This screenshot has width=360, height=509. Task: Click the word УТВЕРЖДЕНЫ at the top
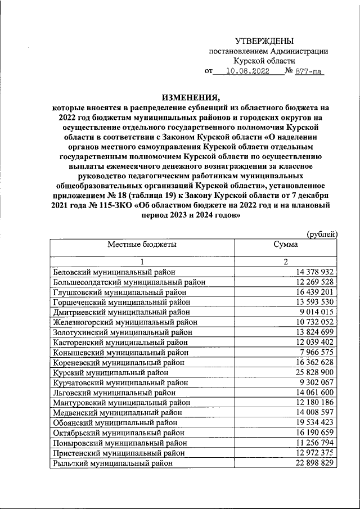coord(264,40)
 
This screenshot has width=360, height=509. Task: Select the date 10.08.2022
coord(247,71)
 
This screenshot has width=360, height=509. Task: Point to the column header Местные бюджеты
coord(142,245)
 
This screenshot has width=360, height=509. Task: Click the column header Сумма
coord(285,245)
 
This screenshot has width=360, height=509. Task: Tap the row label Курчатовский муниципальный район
coord(120,382)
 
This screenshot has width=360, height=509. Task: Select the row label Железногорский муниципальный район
coord(125,322)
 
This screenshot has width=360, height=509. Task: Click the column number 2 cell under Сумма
coord(286,262)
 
